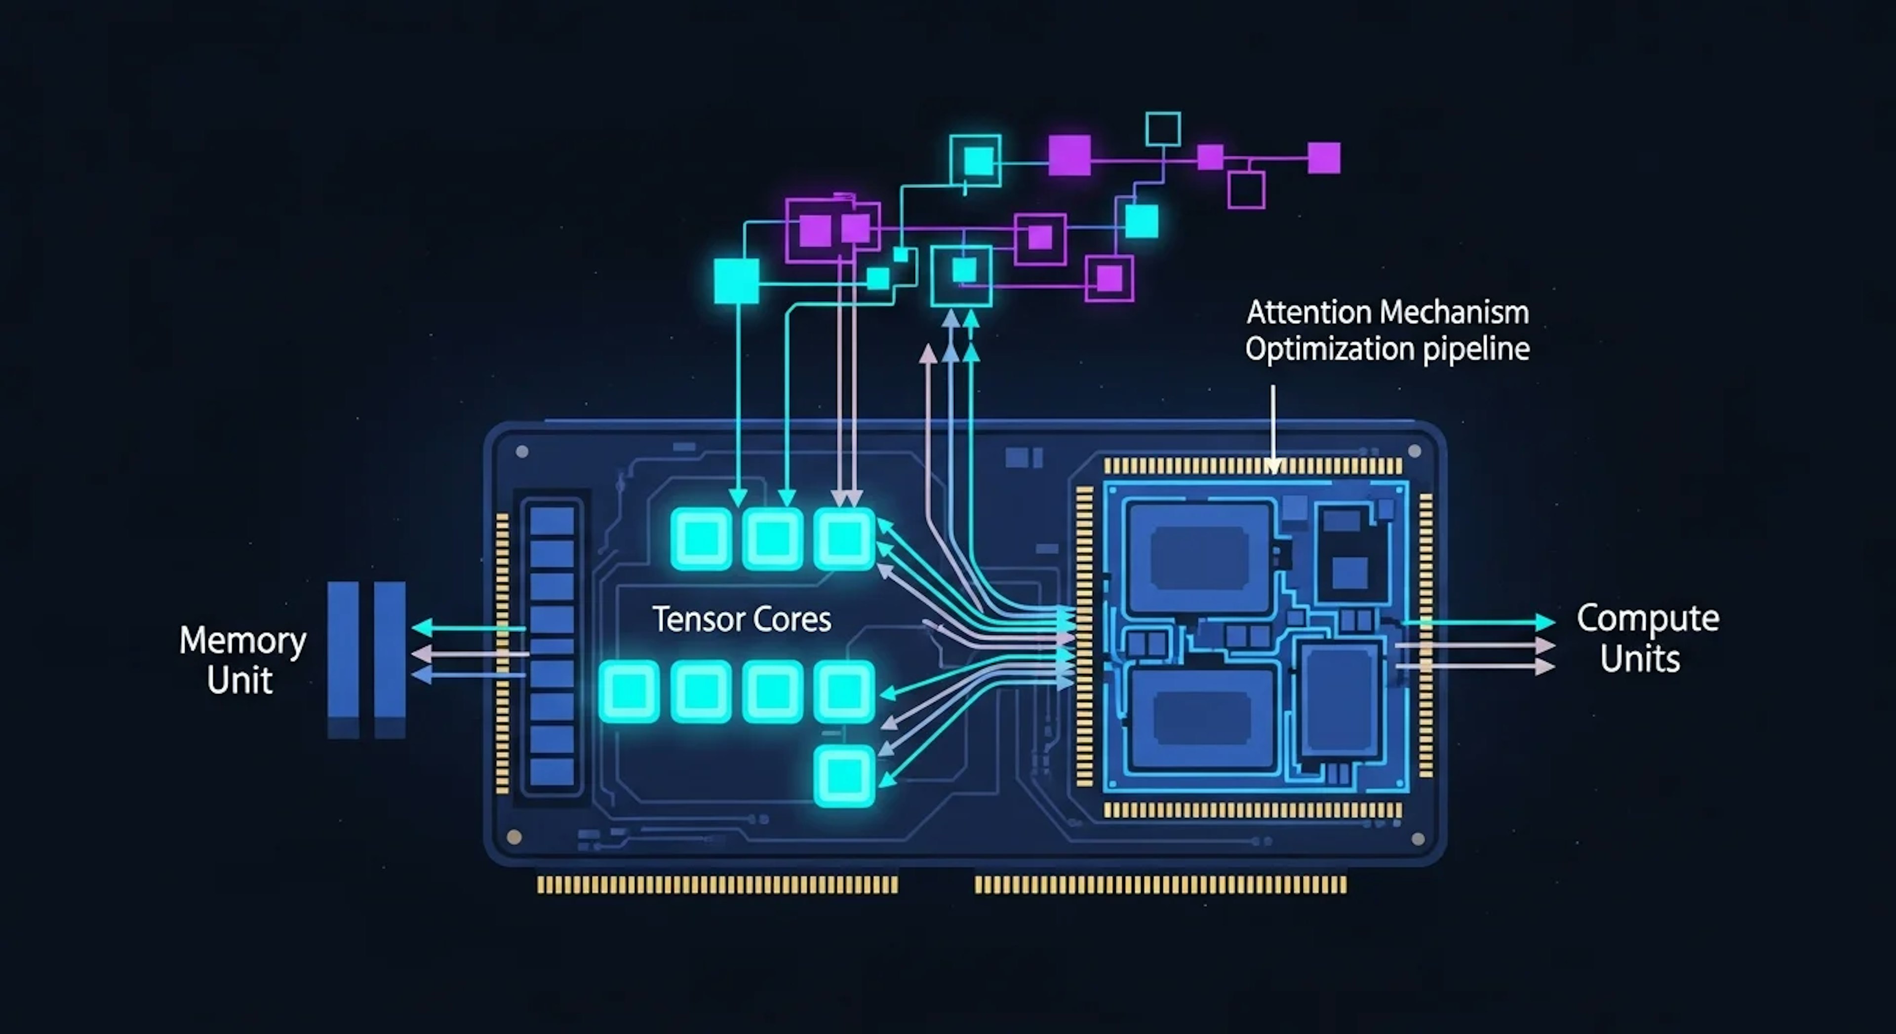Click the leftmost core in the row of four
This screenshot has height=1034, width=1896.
630,691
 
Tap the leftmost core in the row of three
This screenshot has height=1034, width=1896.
702,538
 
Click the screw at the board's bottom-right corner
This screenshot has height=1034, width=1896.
1418,838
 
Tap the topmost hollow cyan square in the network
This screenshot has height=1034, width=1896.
1163,129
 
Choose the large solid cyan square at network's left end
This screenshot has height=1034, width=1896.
736,280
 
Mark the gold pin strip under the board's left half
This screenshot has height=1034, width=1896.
717,884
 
